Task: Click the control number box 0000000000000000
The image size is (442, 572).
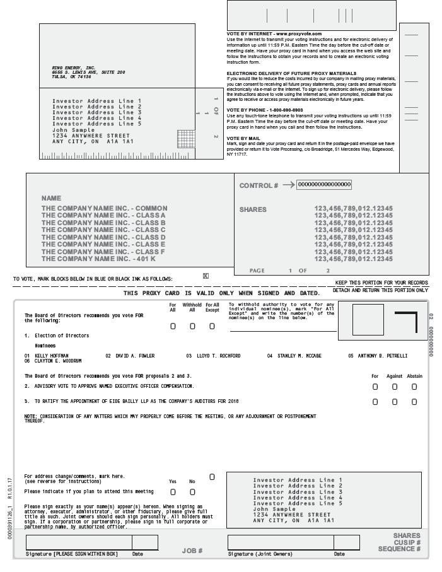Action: click(x=324, y=184)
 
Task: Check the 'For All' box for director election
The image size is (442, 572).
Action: click(x=173, y=326)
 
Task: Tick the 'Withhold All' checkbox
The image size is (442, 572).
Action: click(x=192, y=326)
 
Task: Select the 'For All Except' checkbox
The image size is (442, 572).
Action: click(x=212, y=326)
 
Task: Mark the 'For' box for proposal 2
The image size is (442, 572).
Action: click(x=375, y=386)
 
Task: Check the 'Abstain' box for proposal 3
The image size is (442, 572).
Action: click(x=414, y=402)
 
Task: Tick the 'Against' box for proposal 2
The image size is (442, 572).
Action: click(x=395, y=386)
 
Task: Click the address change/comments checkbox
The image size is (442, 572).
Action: click(x=212, y=477)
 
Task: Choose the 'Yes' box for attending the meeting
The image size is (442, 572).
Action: click(x=173, y=492)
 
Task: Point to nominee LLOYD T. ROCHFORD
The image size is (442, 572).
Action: click(x=218, y=356)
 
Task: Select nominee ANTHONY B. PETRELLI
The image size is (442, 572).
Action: click(x=383, y=356)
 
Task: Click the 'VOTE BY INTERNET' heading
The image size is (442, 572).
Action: click(x=274, y=33)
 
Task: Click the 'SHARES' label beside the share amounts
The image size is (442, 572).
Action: click(x=253, y=209)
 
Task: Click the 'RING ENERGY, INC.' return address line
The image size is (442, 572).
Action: click(x=74, y=67)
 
